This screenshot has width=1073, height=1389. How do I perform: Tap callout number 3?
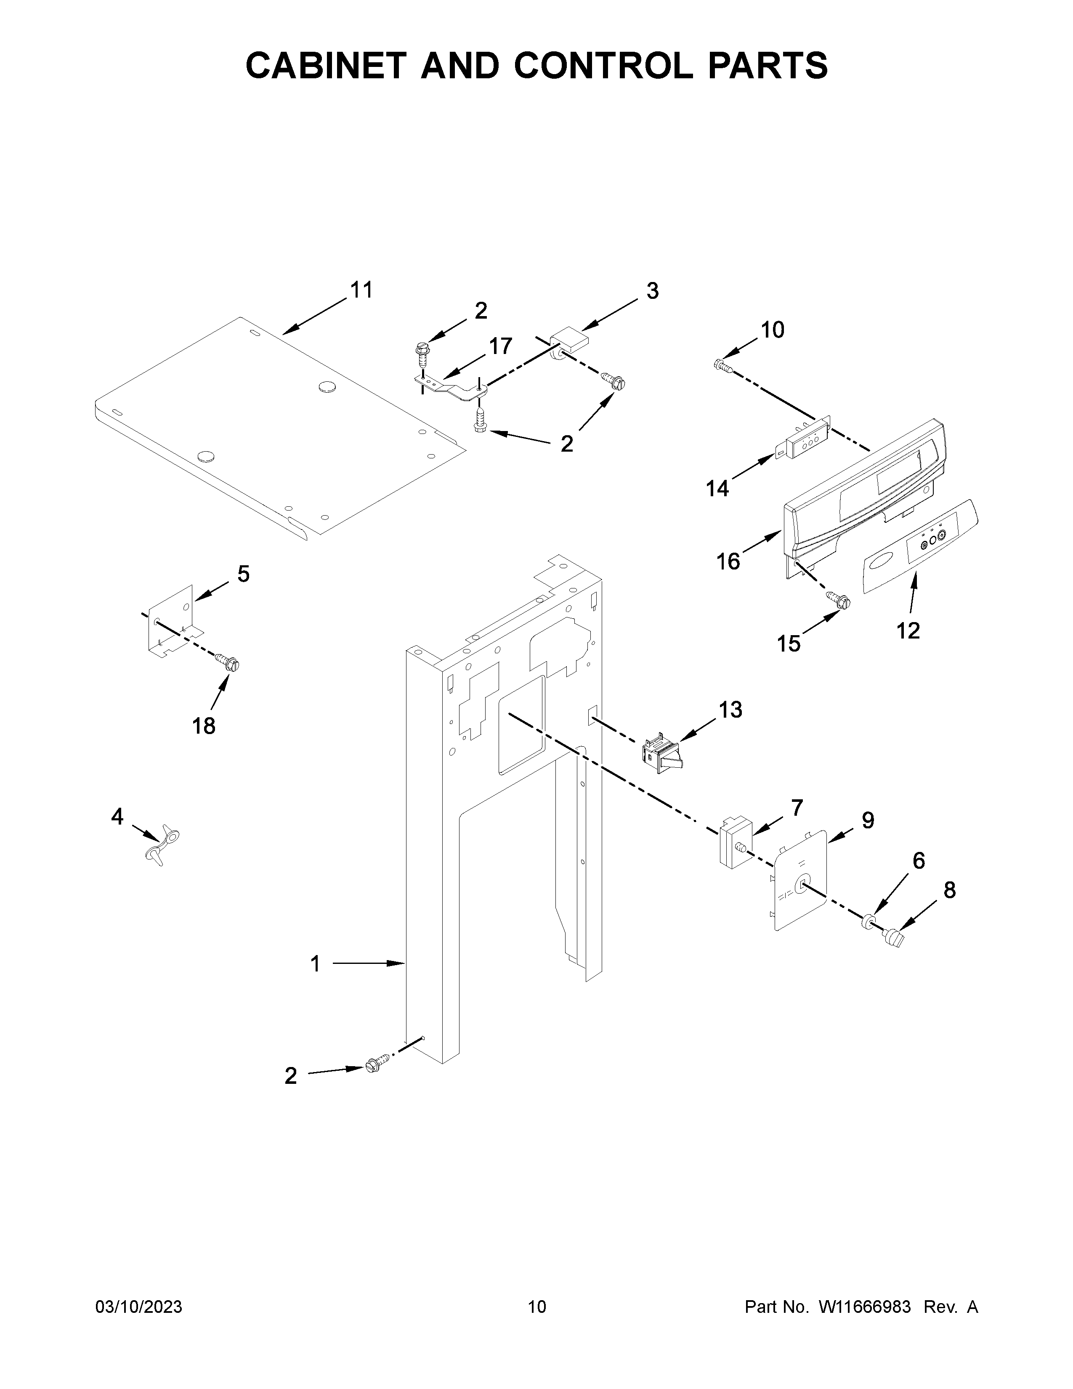click(x=652, y=291)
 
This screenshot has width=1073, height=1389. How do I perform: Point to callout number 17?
click(x=500, y=346)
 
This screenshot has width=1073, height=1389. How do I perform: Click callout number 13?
click(x=730, y=710)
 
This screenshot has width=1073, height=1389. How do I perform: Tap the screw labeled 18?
click(x=228, y=663)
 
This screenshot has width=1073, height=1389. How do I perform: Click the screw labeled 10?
click(x=722, y=365)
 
